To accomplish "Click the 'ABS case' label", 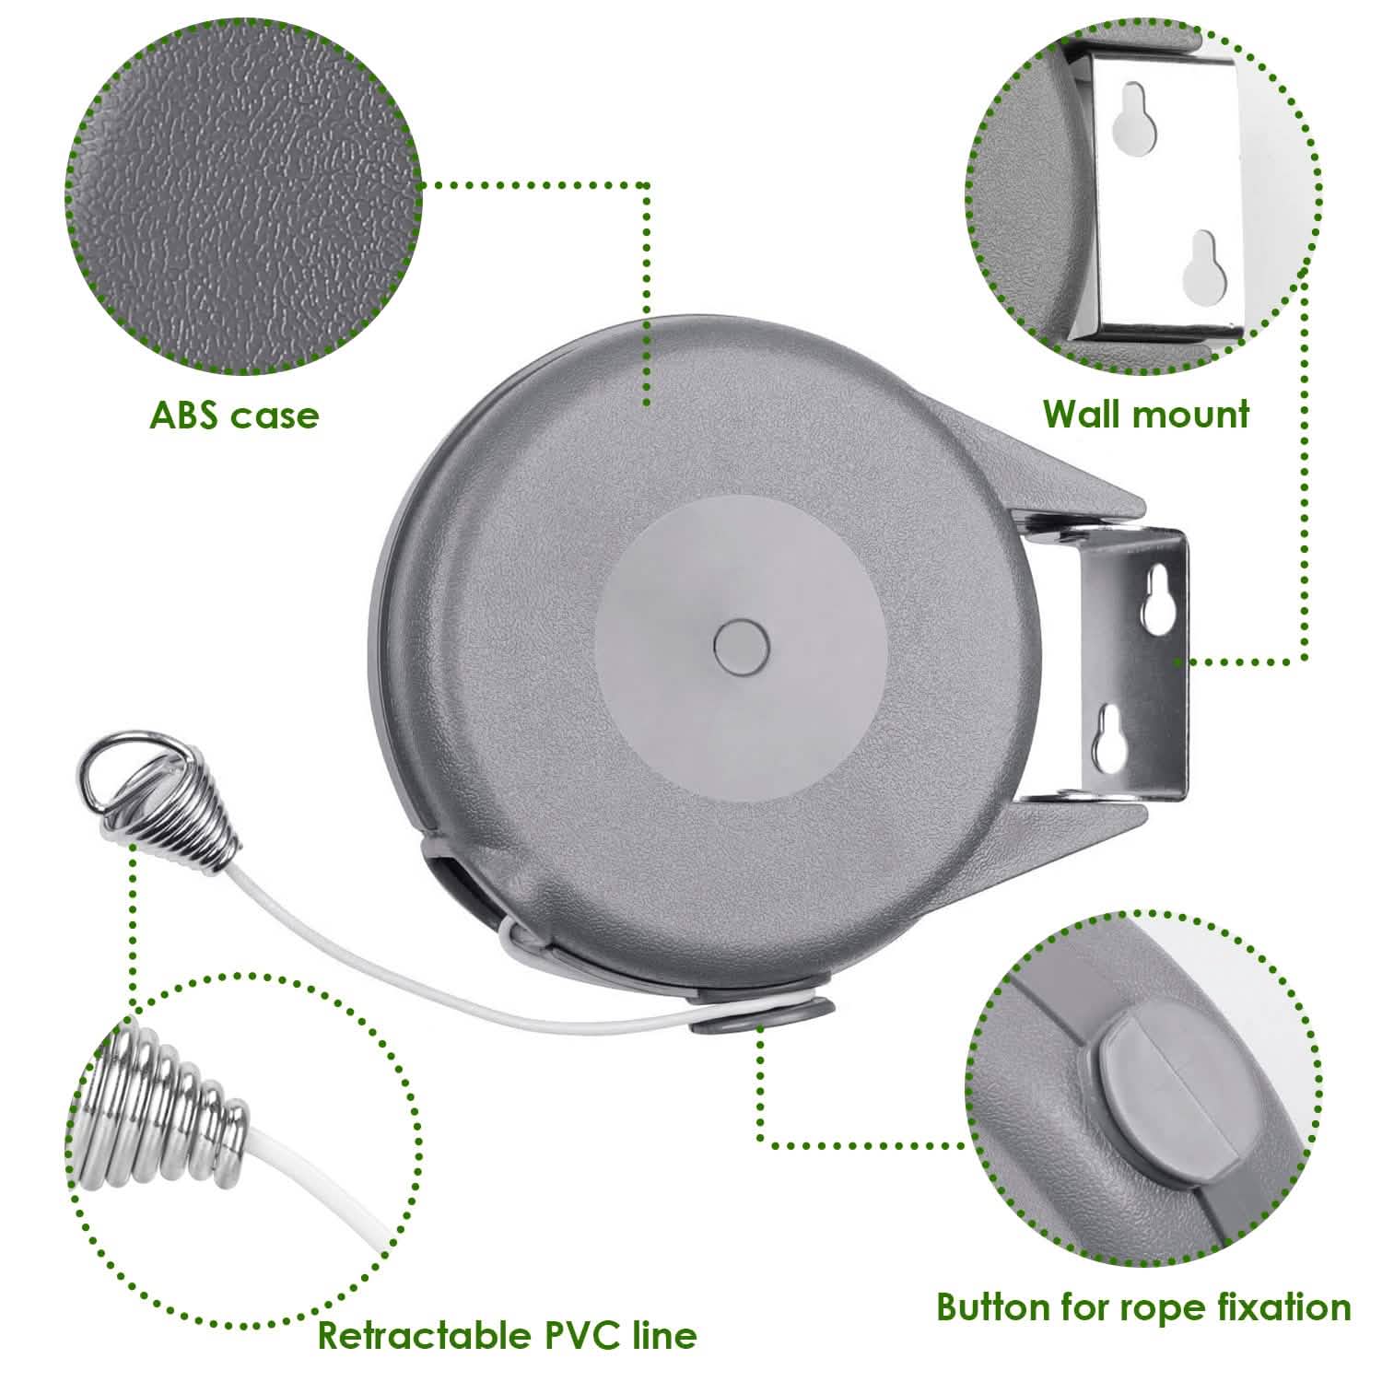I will point(234,416).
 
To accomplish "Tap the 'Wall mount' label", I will point(1146,414).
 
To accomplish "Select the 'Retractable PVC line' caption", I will point(507,1334).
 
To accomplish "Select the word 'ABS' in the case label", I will point(185,416).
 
